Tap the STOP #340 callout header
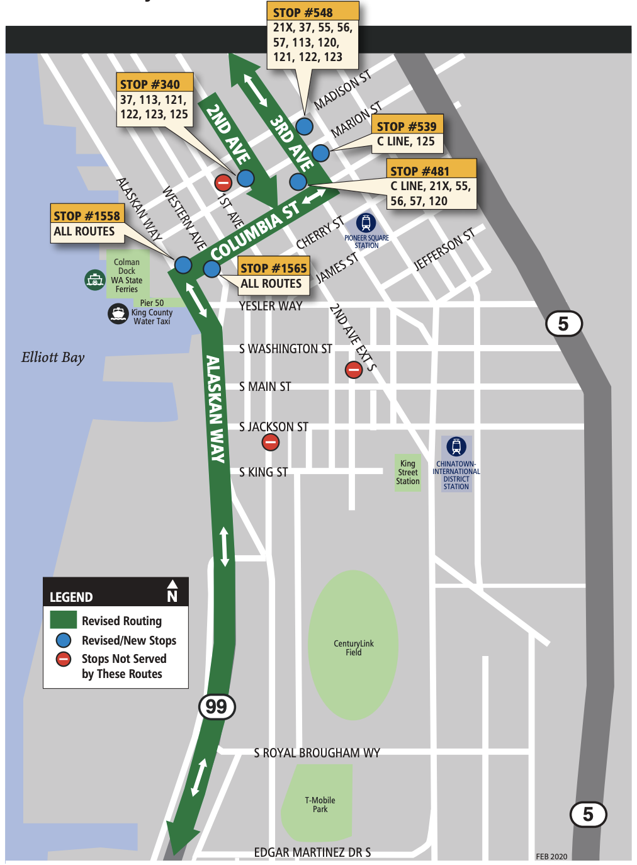[x=155, y=84]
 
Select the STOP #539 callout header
[x=407, y=126]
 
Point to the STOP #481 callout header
[x=432, y=171]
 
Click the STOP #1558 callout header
[x=87, y=215]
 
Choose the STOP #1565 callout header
[x=273, y=268]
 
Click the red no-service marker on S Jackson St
[x=271, y=443]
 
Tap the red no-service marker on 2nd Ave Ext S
[x=354, y=370]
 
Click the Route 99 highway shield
[x=217, y=706]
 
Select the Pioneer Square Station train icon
[x=366, y=222]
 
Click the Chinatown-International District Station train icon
[x=456, y=446]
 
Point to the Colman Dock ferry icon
[x=94, y=279]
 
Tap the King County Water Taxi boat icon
[x=118, y=313]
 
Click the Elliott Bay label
[x=53, y=358]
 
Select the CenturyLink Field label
[x=353, y=648]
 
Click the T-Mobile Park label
[x=320, y=805]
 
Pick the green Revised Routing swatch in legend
[x=64, y=620]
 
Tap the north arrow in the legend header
[x=172, y=591]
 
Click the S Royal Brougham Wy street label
[x=317, y=753]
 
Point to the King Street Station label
[x=408, y=472]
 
